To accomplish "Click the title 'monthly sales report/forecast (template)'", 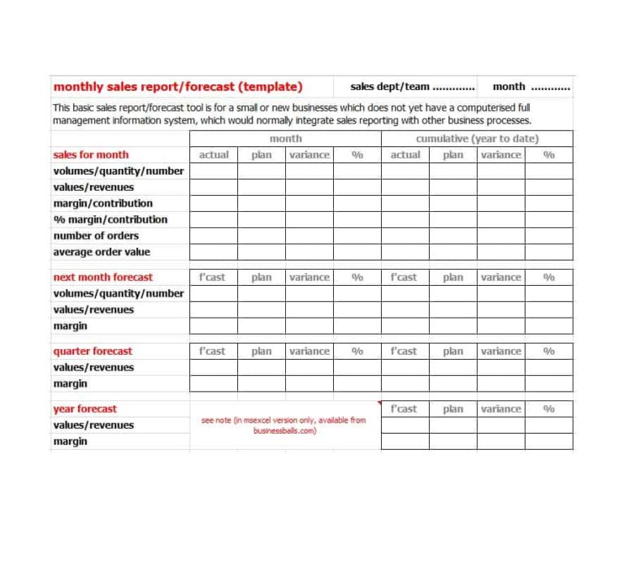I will click(x=177, y=87).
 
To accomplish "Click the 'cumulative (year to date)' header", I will click(x=477, y=139).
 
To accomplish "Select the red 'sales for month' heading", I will click(x=91, y=154).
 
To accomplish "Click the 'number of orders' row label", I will click(x=96, y=236).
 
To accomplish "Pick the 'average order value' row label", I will click(x=102, y=252).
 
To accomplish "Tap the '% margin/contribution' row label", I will click(x=110, y=219).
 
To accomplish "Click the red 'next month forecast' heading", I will click(x=102, y=277).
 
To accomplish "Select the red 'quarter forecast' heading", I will click(x=93, y=351).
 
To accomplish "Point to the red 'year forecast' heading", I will click(x=84, y=409).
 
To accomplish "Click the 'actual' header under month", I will click(x=214, y=155).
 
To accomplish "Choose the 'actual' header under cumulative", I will click(x=405, y=155).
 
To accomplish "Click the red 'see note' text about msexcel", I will click(x=284, y=425).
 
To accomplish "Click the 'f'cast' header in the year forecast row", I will click(x=405, y=409).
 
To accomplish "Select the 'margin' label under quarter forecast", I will click(x=70, y=384).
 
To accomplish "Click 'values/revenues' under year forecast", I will click(x=93, y=425).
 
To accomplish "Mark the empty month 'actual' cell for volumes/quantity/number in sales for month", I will click(x=214, y=171).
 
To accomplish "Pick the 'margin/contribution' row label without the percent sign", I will click(x=102, y=203).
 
